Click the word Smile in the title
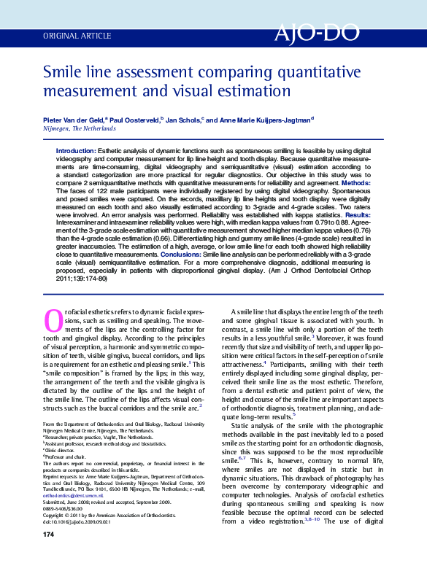(63, 73)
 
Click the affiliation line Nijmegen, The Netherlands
(69, 128)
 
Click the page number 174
(50, 556)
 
